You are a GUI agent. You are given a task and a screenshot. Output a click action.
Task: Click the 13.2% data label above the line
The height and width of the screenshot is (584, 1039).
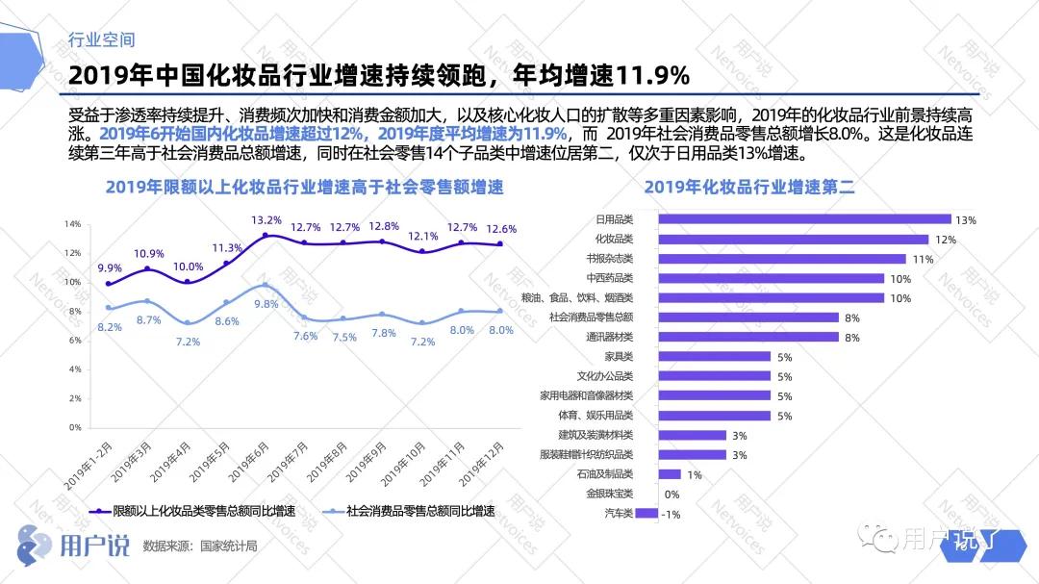(x=266, y=219)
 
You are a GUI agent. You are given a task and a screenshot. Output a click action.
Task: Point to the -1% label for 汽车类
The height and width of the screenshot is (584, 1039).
(x=672, y=514)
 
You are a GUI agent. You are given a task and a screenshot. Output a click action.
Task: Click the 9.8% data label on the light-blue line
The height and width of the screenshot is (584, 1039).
(x=266, y=304)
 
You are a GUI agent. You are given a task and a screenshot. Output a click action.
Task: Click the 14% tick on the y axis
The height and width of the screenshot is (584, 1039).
(x=72, y=224)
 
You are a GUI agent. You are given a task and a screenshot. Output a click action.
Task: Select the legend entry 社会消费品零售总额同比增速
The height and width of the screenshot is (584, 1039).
(x=408, y=511)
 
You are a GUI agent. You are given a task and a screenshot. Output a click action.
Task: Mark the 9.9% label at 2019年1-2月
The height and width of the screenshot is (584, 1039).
(x=110, y=268)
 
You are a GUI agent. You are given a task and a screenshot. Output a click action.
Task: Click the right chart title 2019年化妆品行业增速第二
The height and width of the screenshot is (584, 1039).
(x=749, y=187)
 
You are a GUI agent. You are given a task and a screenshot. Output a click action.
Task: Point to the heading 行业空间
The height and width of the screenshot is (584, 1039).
(x=102, y=40)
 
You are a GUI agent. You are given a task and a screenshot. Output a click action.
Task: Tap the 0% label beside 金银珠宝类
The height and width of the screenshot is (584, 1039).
(x=672, y=495)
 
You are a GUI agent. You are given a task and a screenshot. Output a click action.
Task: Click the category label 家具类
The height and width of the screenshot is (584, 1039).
(x=618, y=357)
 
